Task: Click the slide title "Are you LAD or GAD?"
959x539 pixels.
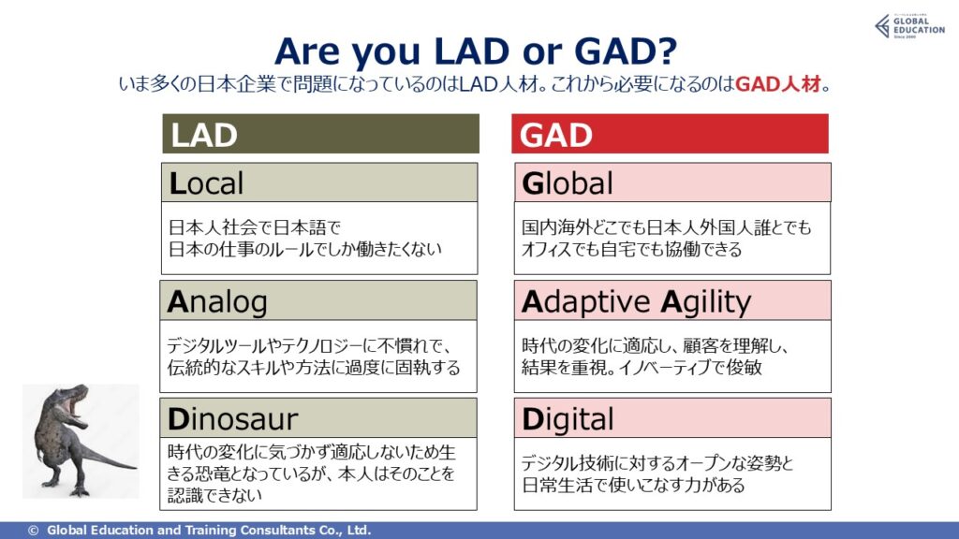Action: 476,51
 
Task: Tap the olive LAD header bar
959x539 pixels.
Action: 320,133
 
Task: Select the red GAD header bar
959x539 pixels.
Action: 670,133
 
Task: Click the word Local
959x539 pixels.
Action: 206,183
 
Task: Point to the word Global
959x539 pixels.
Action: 567,183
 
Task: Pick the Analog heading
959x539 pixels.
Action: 217,302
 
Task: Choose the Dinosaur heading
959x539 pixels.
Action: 232,419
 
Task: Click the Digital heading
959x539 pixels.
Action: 568,419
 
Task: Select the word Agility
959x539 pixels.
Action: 706,302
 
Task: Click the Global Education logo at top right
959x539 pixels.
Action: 909,26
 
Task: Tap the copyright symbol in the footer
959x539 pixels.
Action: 33,531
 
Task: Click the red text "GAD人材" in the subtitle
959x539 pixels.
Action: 777,83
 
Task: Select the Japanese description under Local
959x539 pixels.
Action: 304,239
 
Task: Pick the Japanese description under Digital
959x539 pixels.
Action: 657,474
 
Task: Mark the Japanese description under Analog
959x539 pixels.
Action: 313,357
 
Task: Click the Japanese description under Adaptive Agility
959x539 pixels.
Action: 655,357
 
